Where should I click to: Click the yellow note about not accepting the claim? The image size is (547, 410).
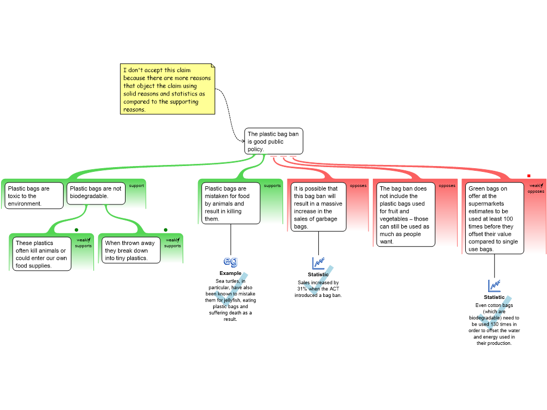coord(167,89)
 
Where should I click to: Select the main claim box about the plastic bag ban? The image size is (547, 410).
coord(273,141)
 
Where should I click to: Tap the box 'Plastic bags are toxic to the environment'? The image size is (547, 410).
coord(34,195)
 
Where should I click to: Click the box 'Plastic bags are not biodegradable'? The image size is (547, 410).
coord(96,193)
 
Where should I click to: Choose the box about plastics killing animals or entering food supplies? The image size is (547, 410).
coord(42,254)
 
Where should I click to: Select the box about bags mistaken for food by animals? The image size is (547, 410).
coord(230,203)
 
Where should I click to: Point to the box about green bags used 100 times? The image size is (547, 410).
coord(495,218)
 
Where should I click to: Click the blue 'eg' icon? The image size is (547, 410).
coord(231,261)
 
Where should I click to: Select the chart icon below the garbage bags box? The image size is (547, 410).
coord(318,263)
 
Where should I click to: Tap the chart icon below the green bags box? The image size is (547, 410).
coord(495,286)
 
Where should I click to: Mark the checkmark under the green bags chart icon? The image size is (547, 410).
coord(494,313)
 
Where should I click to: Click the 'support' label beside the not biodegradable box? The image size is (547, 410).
coord(137,186)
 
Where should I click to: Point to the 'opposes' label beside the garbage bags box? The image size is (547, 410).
coord(358,186)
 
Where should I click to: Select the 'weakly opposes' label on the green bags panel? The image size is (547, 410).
coord(536,188)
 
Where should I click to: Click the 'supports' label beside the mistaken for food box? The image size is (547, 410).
coord(272,186)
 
